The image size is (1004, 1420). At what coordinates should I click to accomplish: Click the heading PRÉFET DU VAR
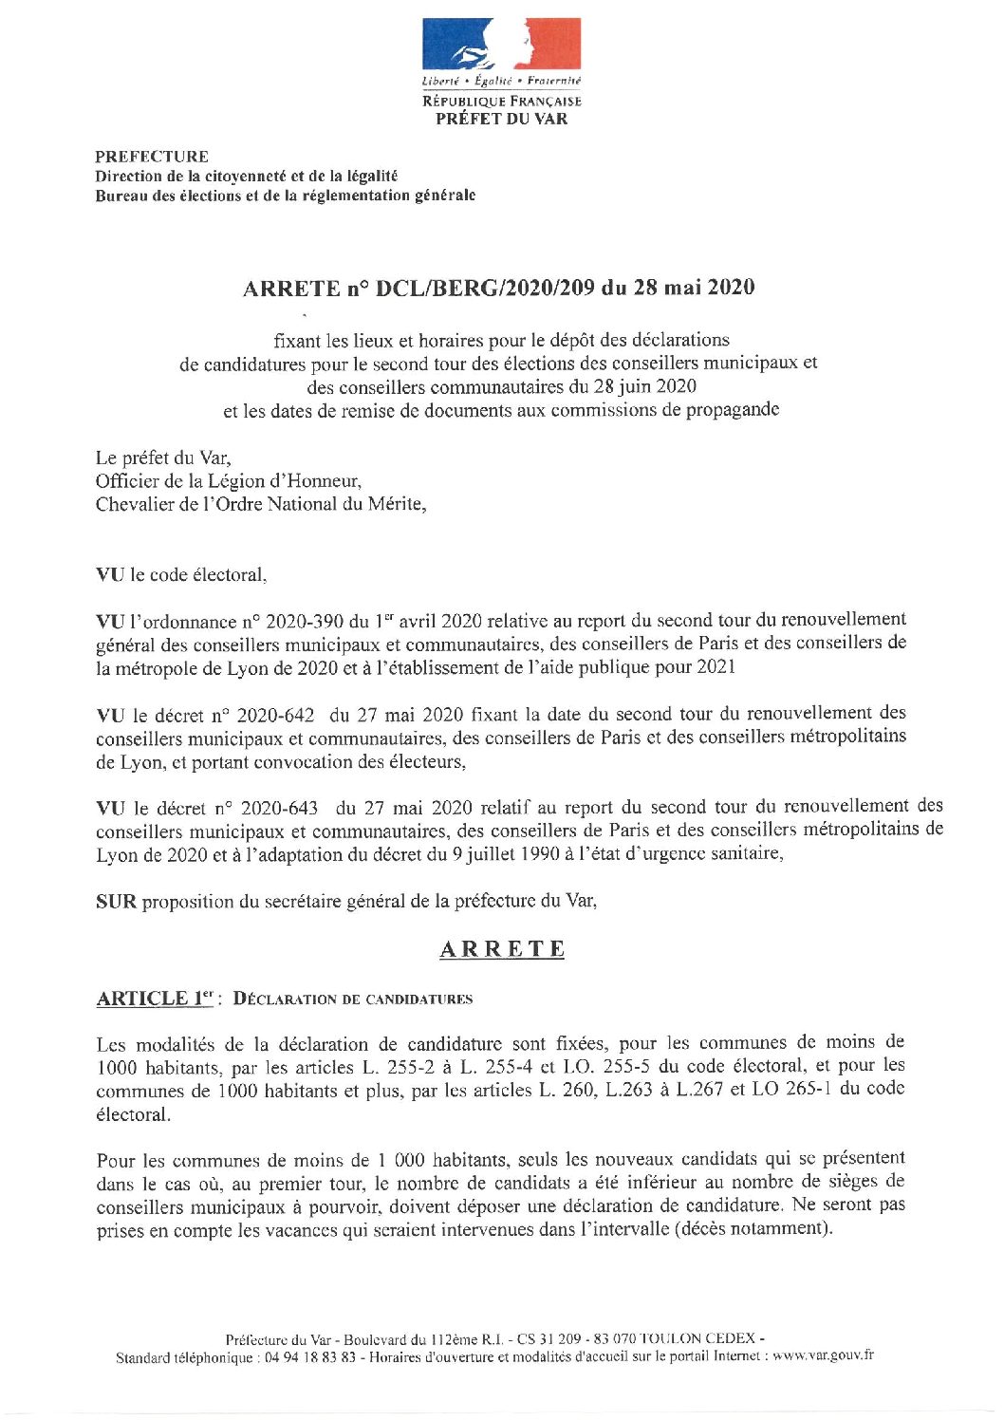tap(501, 119)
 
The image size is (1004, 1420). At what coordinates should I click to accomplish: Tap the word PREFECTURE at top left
tap(152, 157)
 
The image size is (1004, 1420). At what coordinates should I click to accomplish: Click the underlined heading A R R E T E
tap(502, 949)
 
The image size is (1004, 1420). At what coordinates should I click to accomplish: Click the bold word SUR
tap(117, 902)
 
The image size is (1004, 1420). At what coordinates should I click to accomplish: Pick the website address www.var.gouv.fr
tap(823, 1356)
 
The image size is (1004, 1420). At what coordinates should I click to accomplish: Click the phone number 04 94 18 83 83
tap(311, 1357)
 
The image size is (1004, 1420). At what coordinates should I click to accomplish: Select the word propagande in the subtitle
tap(733, 410)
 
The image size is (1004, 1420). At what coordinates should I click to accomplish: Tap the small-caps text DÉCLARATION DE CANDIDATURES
tap(353, 1000)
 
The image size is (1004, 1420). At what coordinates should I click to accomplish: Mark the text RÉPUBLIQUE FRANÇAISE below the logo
tap(501, 101)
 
